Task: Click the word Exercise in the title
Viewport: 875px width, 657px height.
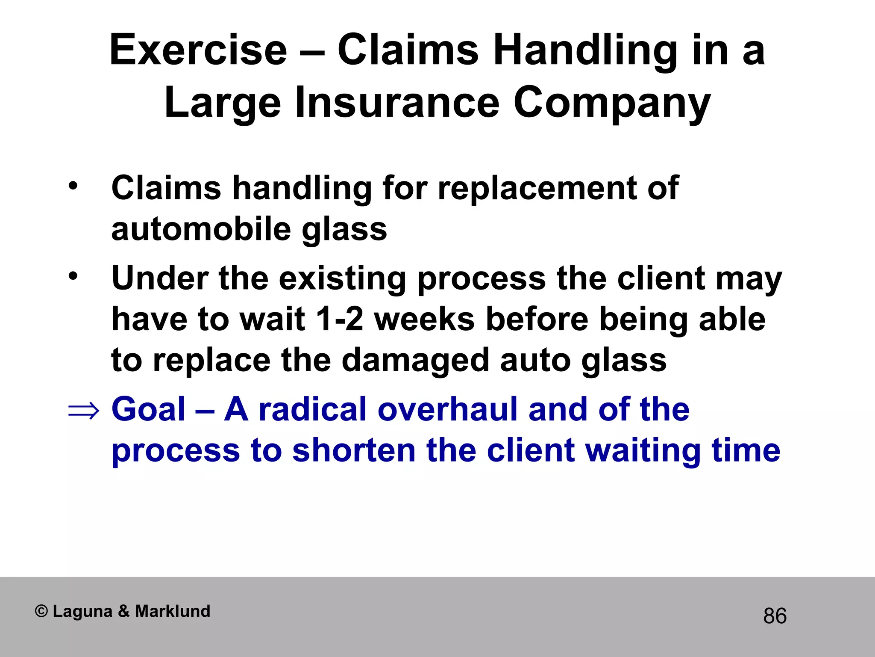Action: [x=198, y=50]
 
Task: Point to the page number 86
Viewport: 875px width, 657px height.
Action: [x=775, y=616]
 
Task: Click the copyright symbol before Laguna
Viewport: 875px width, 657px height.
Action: [x=41, y=611]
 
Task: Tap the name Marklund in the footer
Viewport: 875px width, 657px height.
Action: [x=173, y=611]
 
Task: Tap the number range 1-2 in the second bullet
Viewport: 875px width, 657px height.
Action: [x=340, y=320]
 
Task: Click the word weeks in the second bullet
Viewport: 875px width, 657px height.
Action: [x=424, y=320]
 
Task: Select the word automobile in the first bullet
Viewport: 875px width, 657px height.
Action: [x=201, y=229]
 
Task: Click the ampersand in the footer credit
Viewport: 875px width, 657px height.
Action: [x=124, y=611]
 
